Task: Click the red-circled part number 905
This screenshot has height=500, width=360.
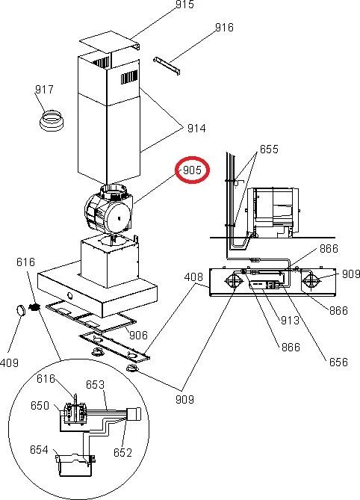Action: pyautogui.click(x=192, y=170)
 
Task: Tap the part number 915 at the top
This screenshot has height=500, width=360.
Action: pyautogui.click(x=184, y=4)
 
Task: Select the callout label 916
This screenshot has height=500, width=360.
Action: pyautogui.click(x=224, y=28)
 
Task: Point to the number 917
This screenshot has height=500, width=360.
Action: pyautogui.click(x=44, y=89)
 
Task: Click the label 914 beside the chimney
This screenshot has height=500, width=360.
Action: pyautogui.click(x=196, y=129)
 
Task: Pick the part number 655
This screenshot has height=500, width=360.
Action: pyautogui.click(x=269, y=149)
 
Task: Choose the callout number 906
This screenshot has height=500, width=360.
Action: pyautogui.click(x=138, y=335)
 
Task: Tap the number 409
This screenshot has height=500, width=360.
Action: pyautogui.click(x=9, y=362)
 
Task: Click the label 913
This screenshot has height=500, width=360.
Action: pyautogui.click(x=290, y=320)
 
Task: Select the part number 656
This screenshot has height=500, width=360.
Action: pyautogui.click(x=338, y=362)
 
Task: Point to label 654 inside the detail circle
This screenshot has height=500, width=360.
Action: pyautogui.click(x=39, y=450)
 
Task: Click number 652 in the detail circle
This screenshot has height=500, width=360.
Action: pyautogui.click(x=122, y=452)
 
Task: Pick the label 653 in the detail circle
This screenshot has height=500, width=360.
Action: pyautogui.click(x=95, y=385)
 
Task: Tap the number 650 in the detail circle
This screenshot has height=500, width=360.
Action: pyautogui.click(x=40, y=406)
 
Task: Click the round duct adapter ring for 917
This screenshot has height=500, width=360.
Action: pyautogui.click(x=52, y=120)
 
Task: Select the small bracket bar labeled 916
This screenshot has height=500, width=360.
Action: pyautogui.click(x=167, y=66)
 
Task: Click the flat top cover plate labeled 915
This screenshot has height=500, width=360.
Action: pyautogui.click(x=109, y=40)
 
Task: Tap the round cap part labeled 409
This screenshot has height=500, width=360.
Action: pyautogui.click(x=22, y=310)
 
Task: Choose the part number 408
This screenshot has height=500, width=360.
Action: pyautogui.click(x=193, y=277)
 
